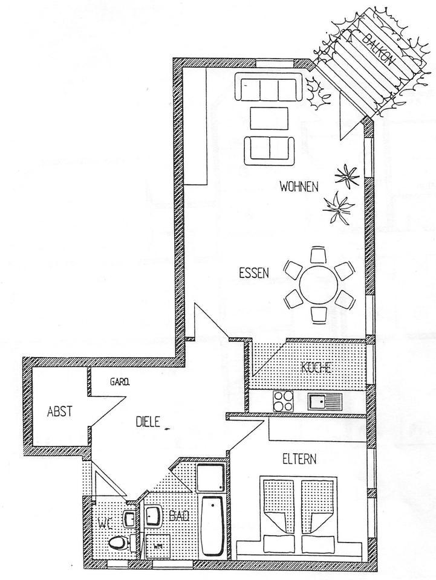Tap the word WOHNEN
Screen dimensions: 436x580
pyautogui.click(x=299, y=186)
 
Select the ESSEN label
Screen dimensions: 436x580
pyautogui.click(x=253, y=272)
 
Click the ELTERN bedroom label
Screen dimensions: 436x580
pyautogui.click(x=299, y=459)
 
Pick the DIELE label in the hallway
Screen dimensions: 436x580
pyautogui.click(x=147, y=423)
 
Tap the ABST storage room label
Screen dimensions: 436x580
pyautogui.click(x=60, y=412)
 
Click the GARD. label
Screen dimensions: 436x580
pyautogui.click(x=121, y=382)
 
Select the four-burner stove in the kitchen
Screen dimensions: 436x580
pyautogui.click(x=284, y=399)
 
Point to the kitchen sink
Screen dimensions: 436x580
pyautogui.click(x=325, y=399)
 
